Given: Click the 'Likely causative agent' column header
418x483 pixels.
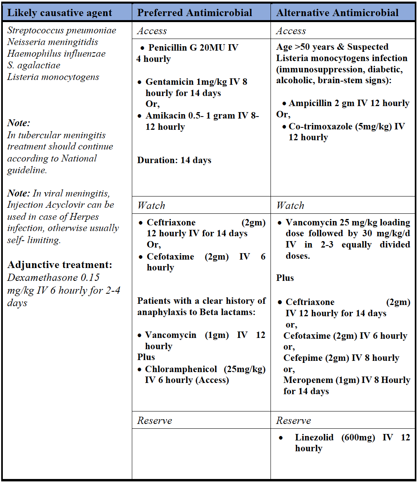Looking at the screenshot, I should [x=59, y=13].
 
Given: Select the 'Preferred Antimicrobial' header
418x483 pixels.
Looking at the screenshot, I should [x=195, y=13].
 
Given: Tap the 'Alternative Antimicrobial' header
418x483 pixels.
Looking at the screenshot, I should [x=337, y=13].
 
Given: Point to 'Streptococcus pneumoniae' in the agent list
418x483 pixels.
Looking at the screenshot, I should [x=61, y=31].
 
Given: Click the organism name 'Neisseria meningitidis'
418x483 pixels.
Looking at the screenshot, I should [x=53, y=42].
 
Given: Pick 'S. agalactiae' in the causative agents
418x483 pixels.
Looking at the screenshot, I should [x=34, y=65].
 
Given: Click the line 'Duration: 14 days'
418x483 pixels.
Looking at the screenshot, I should [x=174, y=160].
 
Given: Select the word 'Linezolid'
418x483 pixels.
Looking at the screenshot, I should [x=314, y=438].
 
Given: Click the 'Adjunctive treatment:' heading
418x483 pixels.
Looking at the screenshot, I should [x=60, y=265].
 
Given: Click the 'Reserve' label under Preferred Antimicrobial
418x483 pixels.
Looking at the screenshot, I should [x=154, y=421].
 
